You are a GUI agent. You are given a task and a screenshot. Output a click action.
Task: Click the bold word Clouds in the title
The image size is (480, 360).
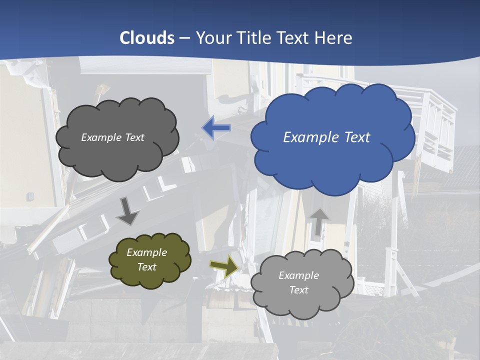click(147, 38)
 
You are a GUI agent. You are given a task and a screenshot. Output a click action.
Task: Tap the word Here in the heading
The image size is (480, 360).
click(334, 38)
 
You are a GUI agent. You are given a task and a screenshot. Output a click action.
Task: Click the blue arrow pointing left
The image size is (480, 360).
click(216, 128)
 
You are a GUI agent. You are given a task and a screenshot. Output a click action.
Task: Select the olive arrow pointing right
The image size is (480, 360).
click(224, 266)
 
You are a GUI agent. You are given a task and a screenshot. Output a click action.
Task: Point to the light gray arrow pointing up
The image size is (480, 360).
click(319, 221)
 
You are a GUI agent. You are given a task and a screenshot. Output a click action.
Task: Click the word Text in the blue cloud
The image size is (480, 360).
click(357, 137)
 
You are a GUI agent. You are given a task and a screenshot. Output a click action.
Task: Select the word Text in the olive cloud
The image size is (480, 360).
click(147, 267)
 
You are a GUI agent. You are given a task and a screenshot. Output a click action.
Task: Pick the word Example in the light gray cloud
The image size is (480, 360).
click(298, 275)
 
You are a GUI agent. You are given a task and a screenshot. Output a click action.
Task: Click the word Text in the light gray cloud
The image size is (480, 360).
click(298, 290)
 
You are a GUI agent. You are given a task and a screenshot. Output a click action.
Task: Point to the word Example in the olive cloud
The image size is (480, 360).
click(147, 252)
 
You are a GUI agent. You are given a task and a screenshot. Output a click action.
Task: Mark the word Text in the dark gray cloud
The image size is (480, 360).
click(134, 137)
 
